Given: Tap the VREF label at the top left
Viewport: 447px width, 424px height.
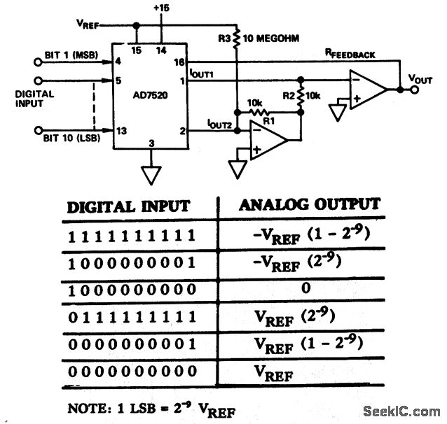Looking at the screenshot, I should [88, 24].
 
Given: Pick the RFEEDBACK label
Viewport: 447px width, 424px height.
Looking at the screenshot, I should [354, 52].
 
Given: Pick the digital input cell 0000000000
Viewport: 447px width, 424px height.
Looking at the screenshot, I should [125, 372].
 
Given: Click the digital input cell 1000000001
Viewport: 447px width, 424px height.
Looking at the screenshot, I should [125, 262].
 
